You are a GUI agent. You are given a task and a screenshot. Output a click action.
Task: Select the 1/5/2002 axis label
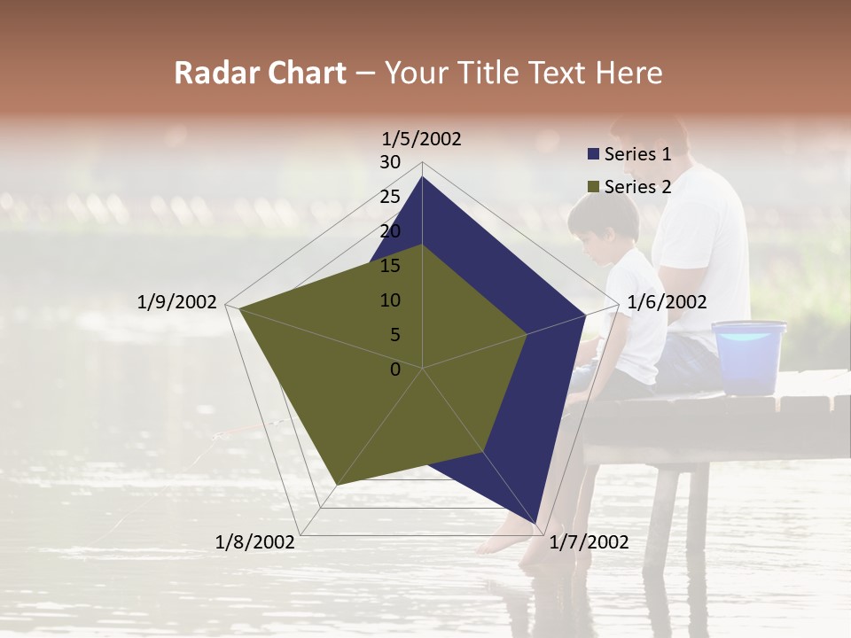(x=422, y=139)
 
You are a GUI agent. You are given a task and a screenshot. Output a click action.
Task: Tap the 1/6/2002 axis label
(x=667, y=302)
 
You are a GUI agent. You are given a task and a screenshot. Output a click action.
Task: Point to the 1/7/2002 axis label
(x=589, y=542)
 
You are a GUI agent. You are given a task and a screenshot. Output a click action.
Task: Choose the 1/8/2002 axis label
(x=255, y=542)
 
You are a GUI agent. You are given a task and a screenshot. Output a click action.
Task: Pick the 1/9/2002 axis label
(x=177, y=302)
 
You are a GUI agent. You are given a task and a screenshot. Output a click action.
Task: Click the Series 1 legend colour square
(x=594, y=155)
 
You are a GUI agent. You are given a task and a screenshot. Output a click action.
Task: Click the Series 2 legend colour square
(x=594, y=187)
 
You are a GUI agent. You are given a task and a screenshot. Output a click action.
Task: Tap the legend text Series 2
(x=637, y=187)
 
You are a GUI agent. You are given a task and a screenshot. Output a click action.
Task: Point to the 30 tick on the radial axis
(x=390, y=162)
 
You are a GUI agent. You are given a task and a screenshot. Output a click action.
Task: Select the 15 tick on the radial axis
(x=390, y=266)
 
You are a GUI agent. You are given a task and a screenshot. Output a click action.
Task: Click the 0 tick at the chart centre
(x=395, y=369)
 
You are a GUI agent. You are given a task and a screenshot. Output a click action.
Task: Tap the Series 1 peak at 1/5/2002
(x=422, y=177)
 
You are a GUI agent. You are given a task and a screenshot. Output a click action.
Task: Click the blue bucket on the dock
(x=749, y=356)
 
